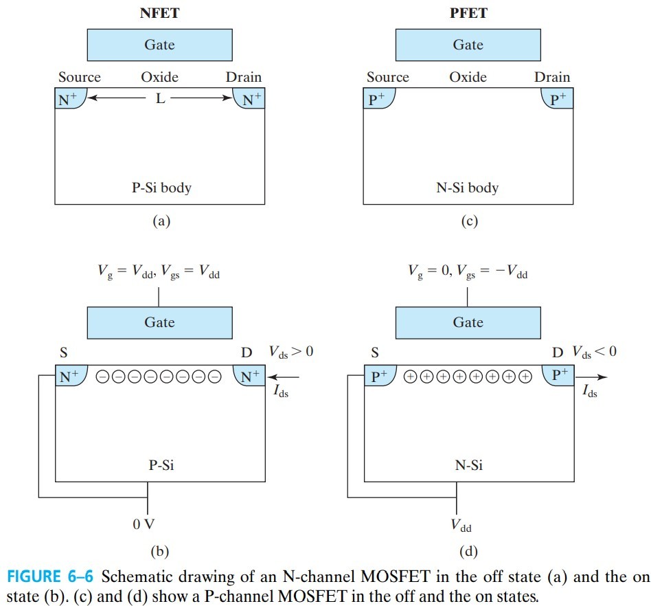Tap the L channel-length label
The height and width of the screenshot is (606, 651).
click(x=160, y=98)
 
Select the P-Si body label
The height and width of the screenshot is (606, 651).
click(x=161, y=187)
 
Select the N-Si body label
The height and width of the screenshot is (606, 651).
click(x=468, y=187)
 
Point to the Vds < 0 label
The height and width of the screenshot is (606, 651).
click(x=595, y=352)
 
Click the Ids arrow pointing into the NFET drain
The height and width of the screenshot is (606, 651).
click(x=286, y=377)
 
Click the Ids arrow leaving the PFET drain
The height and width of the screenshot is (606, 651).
click(x=591, y=377)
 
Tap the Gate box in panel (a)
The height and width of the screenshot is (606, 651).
click(x=159, y=45)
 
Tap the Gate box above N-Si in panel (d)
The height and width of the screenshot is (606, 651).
click(x=468, y=322)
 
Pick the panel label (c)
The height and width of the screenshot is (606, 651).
click(x=468, y=221)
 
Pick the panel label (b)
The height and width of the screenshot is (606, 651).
click(x=159, y=550)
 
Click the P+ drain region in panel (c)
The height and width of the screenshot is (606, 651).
click(x=557, y=98)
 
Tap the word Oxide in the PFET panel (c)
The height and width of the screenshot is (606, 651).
click(x=468, y=77)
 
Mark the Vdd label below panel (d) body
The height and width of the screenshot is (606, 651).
click(x=461, y=527)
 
